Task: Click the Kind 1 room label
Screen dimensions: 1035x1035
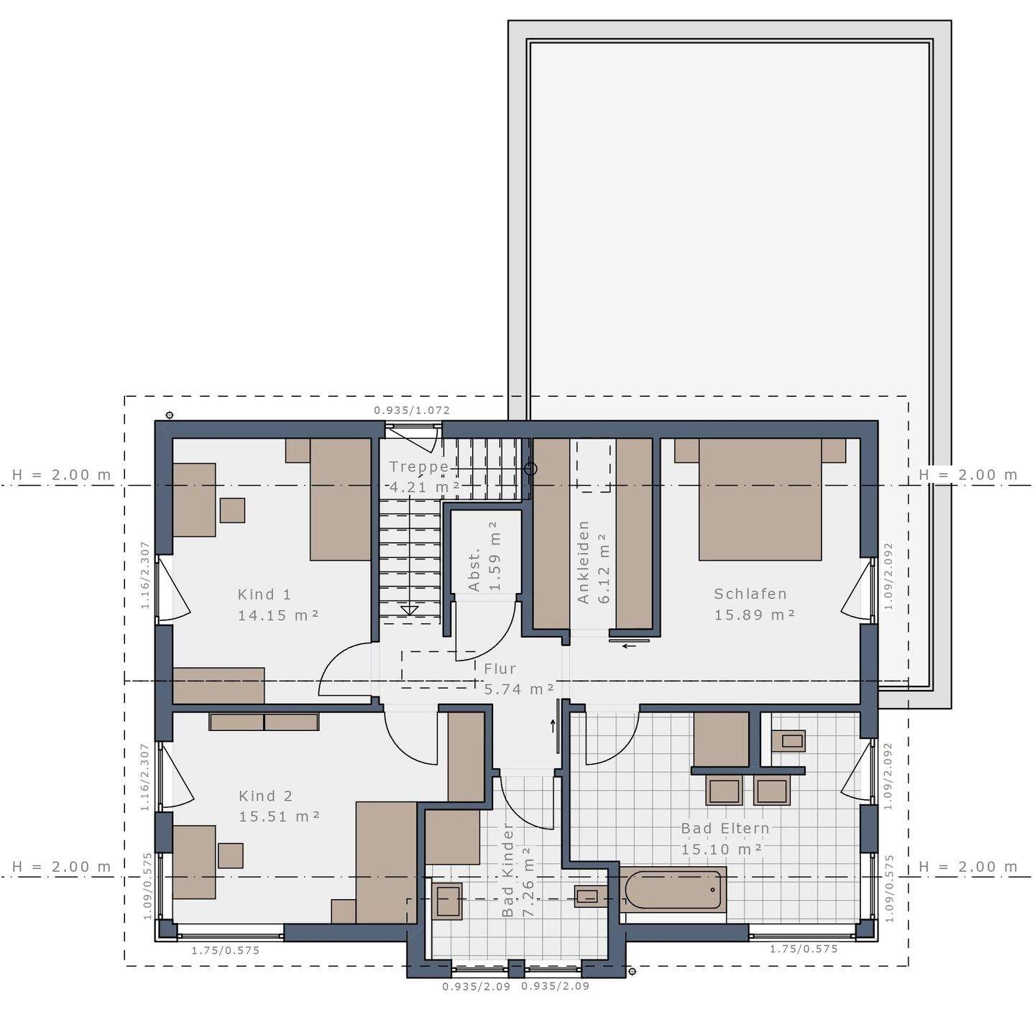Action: (264, 594)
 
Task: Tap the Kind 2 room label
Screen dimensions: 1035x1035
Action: (266, 796)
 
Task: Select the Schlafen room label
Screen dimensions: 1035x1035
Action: (750, 594)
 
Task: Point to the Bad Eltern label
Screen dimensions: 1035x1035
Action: (725, 828)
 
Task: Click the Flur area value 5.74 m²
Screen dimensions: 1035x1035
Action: (519, 689)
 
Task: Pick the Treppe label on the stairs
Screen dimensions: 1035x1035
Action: (419, 466)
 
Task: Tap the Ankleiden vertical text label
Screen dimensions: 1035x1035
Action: (583, 562)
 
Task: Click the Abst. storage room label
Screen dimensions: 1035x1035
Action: (474, 571)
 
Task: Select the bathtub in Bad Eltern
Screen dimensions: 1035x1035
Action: (673, 890)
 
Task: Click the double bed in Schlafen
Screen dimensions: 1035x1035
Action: (760, 500)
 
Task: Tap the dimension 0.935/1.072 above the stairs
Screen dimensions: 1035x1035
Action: (412, 410)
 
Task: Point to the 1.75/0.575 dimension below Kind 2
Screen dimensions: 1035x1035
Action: (226, 950)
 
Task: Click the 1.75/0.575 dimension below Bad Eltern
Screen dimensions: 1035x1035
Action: (804, 949)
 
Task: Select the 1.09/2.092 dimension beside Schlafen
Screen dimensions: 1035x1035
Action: (888, 576)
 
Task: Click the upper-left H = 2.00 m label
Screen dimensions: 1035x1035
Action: (62, 474)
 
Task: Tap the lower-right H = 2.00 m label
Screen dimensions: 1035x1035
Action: (968, 867)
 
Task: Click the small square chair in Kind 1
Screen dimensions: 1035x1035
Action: (232, 510)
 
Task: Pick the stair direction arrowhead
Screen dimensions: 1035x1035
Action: (409, 610)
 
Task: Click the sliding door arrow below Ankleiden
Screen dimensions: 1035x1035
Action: (630, 645)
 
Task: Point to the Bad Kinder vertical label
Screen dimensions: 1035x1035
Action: (508, 870)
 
